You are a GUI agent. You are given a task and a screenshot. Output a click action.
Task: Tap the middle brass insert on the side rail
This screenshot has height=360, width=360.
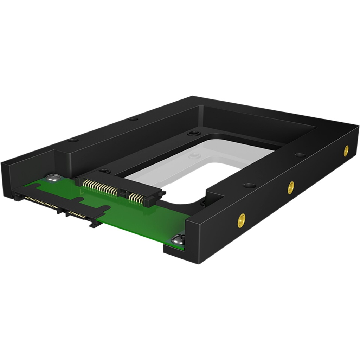click(x=291, y=187)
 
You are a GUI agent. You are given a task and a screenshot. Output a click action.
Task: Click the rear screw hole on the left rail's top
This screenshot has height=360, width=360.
click(x=133, y=119)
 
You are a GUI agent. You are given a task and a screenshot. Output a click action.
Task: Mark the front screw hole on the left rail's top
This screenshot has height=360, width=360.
click(x=73, y=140)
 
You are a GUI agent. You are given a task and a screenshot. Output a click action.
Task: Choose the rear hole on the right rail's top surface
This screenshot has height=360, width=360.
click(x=300, y=155)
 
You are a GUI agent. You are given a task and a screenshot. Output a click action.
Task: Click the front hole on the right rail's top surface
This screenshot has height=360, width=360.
click(x=249, y=185)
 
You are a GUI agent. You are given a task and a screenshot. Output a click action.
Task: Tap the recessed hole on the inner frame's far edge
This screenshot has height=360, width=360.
click(x=193, y=133)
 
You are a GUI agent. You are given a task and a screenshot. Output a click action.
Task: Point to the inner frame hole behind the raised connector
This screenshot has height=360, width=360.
click(x=104, y=171)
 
